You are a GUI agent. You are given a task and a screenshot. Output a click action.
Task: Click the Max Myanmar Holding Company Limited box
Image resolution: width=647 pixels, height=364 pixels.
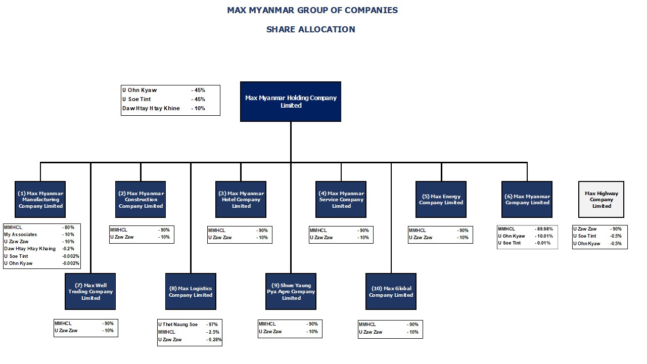coord(291,102)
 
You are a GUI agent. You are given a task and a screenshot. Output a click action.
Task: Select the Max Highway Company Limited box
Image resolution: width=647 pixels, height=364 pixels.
coord(601,199)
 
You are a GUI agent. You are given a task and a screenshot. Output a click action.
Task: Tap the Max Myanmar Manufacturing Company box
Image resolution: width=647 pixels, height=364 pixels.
coord(40,199)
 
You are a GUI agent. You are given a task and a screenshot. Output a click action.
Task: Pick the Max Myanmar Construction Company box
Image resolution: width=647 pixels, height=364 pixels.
coord(141,199)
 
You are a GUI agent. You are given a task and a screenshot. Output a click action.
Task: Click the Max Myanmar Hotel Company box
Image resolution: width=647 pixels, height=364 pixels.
coord(241,199)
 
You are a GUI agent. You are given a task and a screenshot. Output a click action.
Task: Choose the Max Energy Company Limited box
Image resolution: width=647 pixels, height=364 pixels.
coord(441,199)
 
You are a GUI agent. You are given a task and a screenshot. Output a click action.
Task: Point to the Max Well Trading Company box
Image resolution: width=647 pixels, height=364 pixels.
coord(90,292)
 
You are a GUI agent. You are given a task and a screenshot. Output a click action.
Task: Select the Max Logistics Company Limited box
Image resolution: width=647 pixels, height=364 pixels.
coord(191,292)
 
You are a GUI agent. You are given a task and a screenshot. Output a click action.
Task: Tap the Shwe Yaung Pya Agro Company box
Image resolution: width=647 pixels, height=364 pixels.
coord(291,292)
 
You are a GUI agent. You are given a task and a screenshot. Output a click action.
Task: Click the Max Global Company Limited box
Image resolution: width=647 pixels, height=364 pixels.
coord(391,292)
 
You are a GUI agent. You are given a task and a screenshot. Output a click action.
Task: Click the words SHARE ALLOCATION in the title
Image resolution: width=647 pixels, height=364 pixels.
coord(311,29)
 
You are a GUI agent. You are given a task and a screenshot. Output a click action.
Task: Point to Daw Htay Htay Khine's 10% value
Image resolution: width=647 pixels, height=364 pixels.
coord(198,108)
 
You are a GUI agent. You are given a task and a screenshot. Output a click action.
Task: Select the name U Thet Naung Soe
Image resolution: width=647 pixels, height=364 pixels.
coord(178,325)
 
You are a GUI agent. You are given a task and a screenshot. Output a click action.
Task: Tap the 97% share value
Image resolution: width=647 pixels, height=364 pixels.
coord(212,325)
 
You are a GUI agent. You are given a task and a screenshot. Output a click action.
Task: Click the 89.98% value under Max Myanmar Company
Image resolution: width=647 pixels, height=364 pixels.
coord(544,229)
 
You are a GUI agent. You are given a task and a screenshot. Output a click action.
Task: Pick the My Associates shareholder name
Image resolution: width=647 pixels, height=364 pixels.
coord(21,234)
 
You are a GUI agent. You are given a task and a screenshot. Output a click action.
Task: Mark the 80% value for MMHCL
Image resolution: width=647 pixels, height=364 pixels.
coord(68,227)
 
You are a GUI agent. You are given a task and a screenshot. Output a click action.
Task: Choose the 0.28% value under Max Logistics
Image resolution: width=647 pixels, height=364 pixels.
coord(214,339)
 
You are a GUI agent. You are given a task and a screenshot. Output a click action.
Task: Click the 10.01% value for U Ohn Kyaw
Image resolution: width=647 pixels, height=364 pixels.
coord(544,236)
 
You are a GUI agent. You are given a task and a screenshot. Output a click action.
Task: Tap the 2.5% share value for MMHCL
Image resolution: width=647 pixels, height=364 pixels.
coord(213,332)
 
